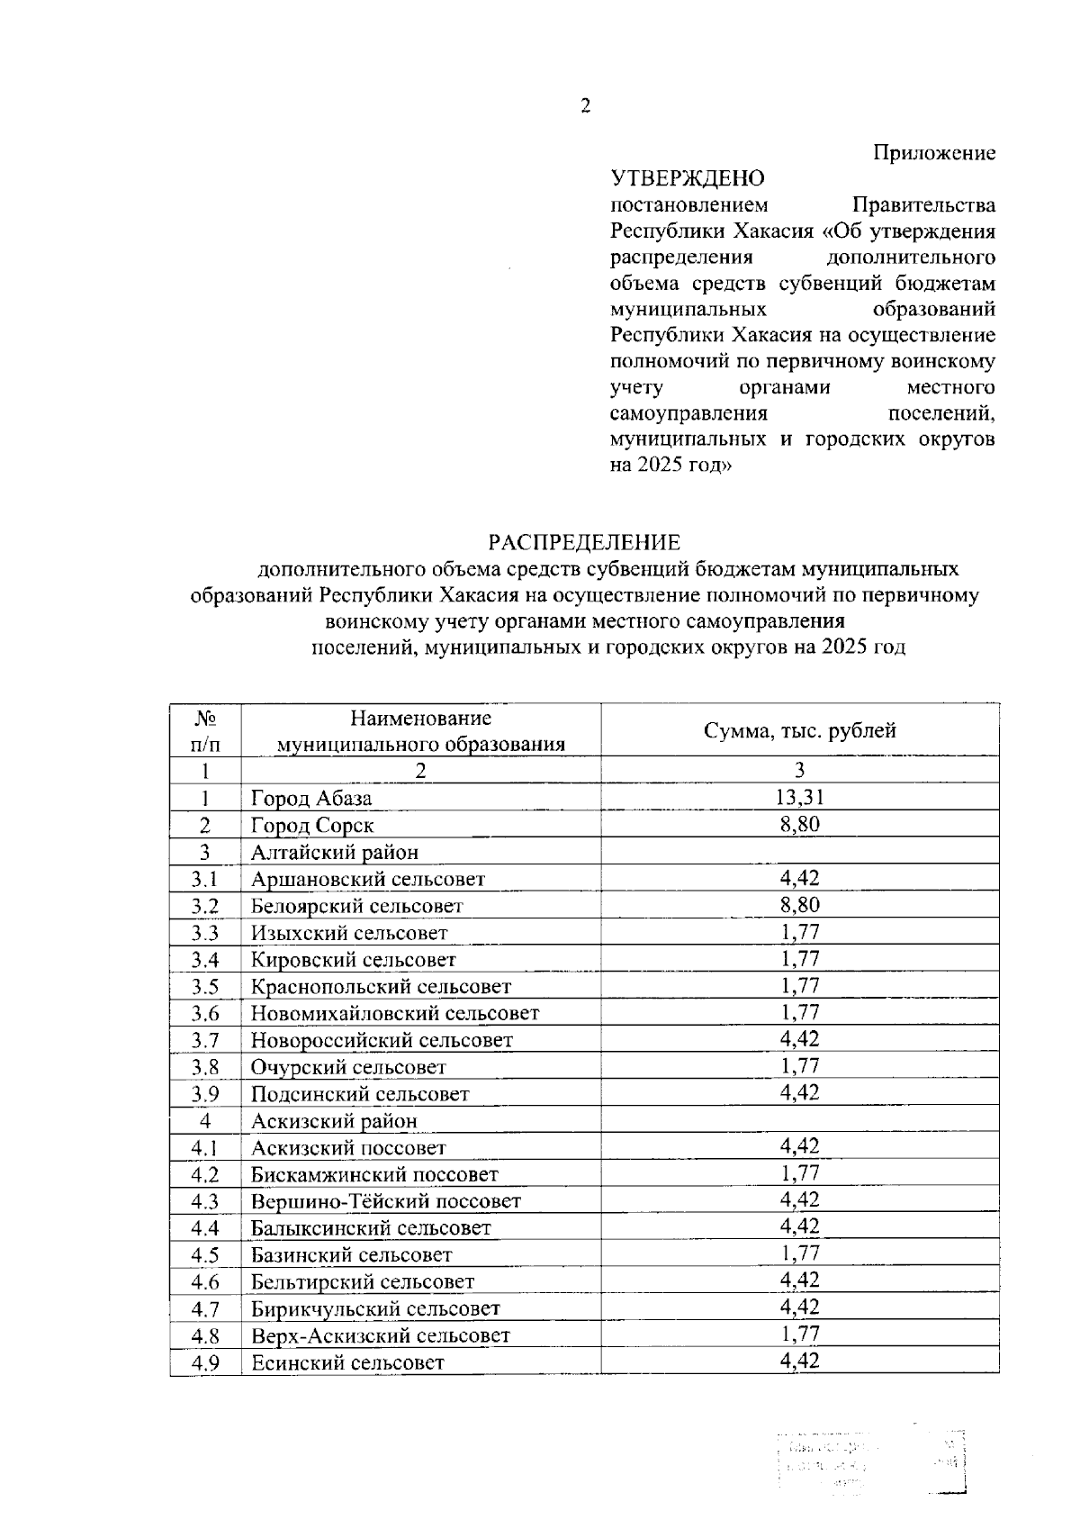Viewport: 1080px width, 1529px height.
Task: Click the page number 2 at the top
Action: tap(585, 107)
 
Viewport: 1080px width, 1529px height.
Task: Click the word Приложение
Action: tap(935, 153)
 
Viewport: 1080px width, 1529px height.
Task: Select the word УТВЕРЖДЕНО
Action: tap(688, 178)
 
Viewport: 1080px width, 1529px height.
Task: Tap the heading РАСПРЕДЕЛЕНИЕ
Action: tap(584, 542)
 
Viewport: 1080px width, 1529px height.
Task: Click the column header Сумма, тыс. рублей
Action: tap(799, 730)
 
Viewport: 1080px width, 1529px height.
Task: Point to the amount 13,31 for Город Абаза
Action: tap(799, 796)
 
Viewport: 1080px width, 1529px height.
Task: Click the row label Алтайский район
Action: tap(334, 852)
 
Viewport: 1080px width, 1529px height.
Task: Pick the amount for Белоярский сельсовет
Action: tap(799, 904)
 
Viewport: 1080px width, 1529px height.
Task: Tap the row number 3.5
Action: tap(205, 987)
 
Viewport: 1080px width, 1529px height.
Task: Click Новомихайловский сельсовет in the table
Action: tap(394, 1013)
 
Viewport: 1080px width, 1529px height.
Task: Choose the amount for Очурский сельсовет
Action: tap(799, 1065)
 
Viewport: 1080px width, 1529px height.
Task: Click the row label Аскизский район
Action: tap(334, 1121)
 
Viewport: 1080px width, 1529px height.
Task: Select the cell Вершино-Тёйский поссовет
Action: tap(385, 1201)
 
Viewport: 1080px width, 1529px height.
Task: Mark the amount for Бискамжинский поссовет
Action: tap(799, 1172)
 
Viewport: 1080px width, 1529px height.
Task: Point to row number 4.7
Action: tap(205, 1308)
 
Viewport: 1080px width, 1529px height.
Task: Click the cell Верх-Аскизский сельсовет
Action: tap(380, 1335)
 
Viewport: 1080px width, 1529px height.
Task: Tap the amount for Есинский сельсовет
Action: tap(799, 1361)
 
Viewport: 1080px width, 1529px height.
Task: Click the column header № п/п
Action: tap(205, 730)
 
